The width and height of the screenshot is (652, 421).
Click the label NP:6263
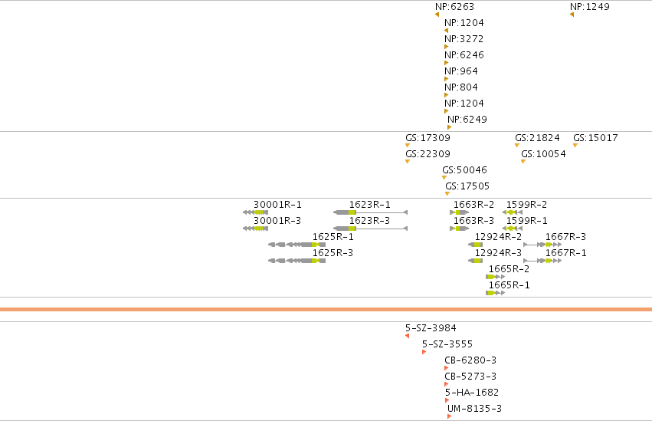point(454,7)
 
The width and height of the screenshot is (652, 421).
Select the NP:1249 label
point(590,7)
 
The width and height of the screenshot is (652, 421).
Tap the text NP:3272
point(464,38)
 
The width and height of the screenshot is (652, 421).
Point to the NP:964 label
point(461,71)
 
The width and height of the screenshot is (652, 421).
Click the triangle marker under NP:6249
point(449,127)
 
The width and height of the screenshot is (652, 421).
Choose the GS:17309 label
point(428,138)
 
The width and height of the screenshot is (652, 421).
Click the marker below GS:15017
point(575,145)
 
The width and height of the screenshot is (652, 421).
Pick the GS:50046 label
point(464,169)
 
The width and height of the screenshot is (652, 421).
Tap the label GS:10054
point(543,154)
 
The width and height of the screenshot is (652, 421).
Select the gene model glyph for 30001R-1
point(255,212)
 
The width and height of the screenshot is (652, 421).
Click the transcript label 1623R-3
point(369,221)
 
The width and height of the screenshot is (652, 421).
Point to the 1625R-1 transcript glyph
point(297,245)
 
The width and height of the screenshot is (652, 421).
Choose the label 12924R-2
point(498,237)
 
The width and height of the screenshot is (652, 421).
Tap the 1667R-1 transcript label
point(566,253)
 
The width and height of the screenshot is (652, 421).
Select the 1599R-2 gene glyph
point(513,212)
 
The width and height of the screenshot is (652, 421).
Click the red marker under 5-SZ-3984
point(407,336)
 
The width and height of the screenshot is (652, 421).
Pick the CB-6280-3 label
point(470,360)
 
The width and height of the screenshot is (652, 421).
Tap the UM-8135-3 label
point(474,409)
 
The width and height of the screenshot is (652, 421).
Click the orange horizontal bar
point(326,310)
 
